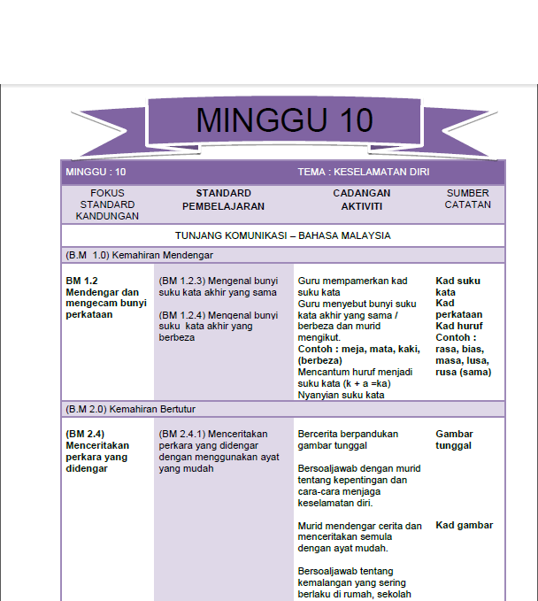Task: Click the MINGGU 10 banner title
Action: coord(283,119)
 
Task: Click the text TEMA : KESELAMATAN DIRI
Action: coord(364,172)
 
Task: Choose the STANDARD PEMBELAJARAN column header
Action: coord(223,199)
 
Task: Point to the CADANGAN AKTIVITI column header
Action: coord(362,199)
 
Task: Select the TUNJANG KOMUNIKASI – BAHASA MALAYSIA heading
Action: coord(282,235)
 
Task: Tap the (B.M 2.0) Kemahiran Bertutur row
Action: coord(131,409)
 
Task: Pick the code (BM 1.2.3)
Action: coord(184,281)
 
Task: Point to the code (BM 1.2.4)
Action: coord(184,314)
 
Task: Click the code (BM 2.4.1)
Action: coord(184,435)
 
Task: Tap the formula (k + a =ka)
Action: coord(362,383)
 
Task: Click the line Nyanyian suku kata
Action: coord(341,395)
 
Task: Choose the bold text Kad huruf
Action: coord(459,326)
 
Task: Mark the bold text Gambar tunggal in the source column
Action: coord(454,440)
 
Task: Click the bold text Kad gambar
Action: coord(464,525)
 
